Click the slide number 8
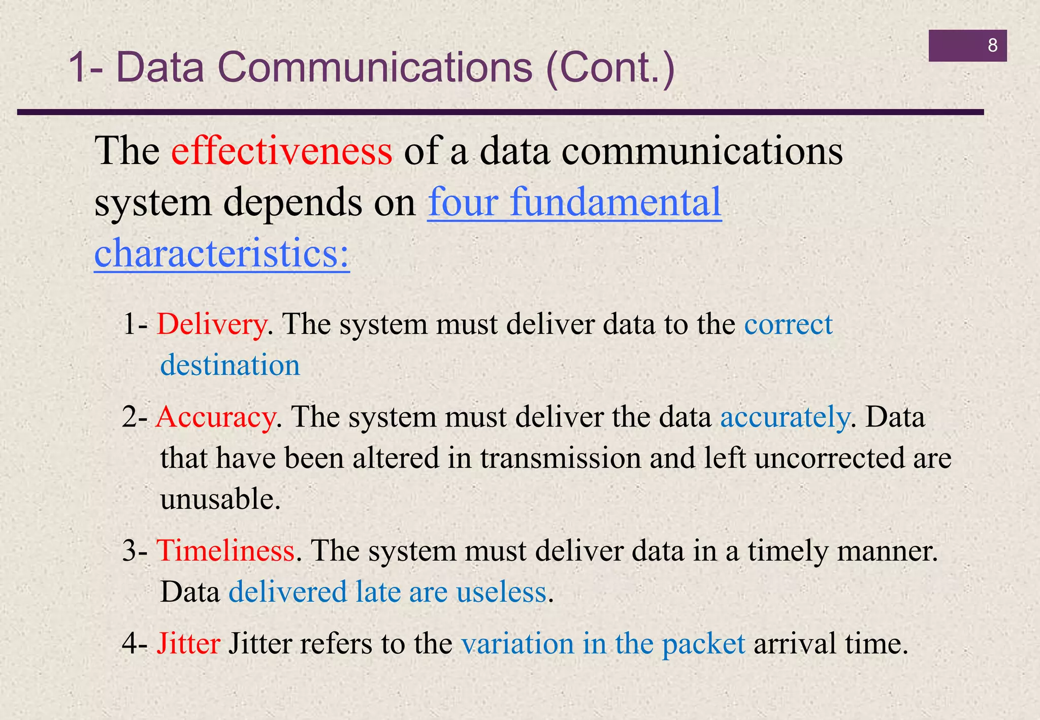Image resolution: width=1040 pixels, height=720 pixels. coord(992,46)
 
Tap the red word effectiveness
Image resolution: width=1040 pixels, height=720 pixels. coord(282,151)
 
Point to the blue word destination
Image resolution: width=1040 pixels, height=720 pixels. coord(230,365)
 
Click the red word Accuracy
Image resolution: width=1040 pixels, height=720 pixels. coord(216,417)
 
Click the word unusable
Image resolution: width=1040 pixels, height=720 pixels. coord(220,499)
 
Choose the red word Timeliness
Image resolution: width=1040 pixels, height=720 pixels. coord(225,550)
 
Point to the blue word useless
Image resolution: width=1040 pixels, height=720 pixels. coord(501,592)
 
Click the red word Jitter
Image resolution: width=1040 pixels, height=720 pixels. coord(188,643)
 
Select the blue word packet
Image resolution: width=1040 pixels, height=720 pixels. coord(703,644)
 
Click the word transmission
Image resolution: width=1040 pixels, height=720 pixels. coord(561,458)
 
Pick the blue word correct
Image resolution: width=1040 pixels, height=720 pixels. coord(788,324)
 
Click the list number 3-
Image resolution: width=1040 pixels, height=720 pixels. coord(135,551)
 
